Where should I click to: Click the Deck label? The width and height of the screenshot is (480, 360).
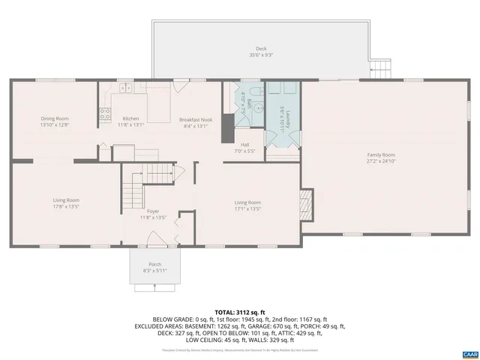point(260,52)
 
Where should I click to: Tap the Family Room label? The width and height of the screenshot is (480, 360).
point(380,157)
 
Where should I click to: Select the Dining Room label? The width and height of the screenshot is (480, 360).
point(55,121)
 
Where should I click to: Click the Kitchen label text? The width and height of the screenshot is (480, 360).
point(131,122)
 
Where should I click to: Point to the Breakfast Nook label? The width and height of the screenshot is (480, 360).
point(195,123)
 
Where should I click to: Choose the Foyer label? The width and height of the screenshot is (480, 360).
point(152,214)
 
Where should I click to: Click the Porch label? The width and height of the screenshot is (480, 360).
point(154,267)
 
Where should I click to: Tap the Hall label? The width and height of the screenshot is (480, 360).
point(244,148)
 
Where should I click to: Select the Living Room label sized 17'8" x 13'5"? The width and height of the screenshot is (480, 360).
point(66,203)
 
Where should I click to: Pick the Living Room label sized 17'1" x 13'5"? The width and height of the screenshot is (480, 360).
point(247,205)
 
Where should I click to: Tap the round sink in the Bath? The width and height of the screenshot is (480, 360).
point(259,106)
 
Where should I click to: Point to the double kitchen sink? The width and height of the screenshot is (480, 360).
point(124,88)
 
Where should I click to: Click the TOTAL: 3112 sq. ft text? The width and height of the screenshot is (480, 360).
point(240,311)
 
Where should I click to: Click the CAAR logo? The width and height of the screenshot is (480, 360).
point(469,353)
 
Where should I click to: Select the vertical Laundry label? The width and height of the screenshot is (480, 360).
point(280,119)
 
